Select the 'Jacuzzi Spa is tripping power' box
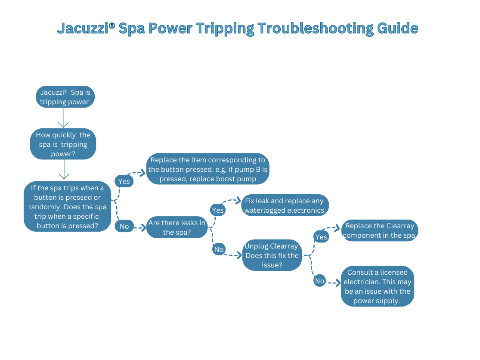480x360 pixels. point(65,97)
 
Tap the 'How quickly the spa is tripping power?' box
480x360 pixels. point(63,144)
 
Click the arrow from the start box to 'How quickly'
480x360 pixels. point(63,118)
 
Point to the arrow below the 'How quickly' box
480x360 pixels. point(64,170)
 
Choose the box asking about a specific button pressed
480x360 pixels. point(67,206)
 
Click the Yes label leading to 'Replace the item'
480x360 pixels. point(124,181)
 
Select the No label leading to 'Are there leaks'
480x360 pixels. point(124,226)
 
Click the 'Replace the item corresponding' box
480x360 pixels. point(207,169)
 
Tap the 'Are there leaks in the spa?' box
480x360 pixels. point(177,227)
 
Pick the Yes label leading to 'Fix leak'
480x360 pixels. point(218,210)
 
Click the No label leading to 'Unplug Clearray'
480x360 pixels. point(219,249)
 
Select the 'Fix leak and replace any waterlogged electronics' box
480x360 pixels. point(285,205)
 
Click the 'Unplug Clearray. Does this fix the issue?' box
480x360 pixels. point(272,255)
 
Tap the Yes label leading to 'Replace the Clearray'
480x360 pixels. point(321,237)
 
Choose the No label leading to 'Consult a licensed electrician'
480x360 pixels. point(319,281)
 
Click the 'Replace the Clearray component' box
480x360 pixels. point(380,230)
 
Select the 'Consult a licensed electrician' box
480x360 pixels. point(378,286)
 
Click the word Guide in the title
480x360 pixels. point(398,28)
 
